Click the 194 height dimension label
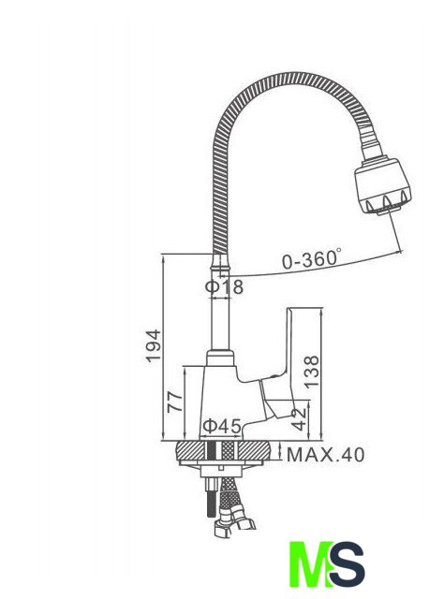click(x=154, y=345)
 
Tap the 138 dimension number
click(x=312, y=372)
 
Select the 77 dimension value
click(x=175, y=402)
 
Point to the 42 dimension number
click(x=300, y=419)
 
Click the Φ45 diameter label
click(x=222, y=426)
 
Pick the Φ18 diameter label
click(x=224, y=286)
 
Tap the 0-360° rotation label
click(x=312, y=258)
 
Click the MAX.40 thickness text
click(x=325, y=455)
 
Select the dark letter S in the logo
click(x=348, y=563)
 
